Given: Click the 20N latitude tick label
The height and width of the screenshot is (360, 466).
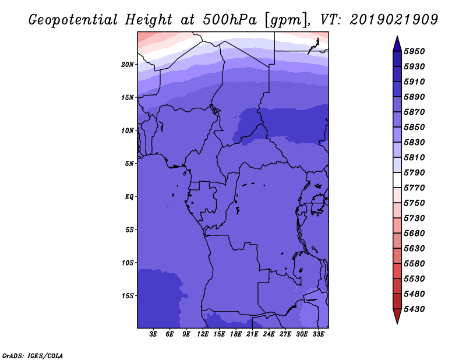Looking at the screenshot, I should point(128,64).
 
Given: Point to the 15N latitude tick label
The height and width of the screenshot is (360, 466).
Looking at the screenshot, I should point(128,97).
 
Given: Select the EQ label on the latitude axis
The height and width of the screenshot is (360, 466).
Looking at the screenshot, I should point(129,197).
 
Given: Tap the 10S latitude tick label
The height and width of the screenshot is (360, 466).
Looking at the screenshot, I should point(128,263).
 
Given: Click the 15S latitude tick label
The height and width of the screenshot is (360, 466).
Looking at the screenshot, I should point(128,296).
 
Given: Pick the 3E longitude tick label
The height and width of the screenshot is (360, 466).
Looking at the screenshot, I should point(154,335).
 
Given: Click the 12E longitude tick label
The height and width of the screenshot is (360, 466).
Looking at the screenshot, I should point(203,335).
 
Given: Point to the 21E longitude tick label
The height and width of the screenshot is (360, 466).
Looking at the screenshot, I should point(252,335).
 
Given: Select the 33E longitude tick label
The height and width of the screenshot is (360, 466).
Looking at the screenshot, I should point(318,335).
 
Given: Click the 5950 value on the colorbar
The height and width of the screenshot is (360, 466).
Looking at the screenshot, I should point(416,51).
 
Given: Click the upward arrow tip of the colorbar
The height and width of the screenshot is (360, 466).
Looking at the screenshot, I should point(397,37).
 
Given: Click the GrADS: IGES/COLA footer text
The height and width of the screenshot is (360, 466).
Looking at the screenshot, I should point(32,355).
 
